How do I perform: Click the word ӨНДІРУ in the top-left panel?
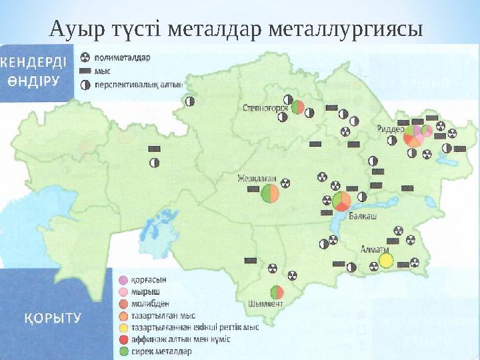point(34,81)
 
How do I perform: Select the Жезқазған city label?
point(257,179)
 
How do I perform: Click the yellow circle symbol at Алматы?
point(385,261)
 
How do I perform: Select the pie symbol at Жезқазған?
point(271,194)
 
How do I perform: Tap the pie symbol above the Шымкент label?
point(277,292)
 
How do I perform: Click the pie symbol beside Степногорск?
point(298,107)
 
